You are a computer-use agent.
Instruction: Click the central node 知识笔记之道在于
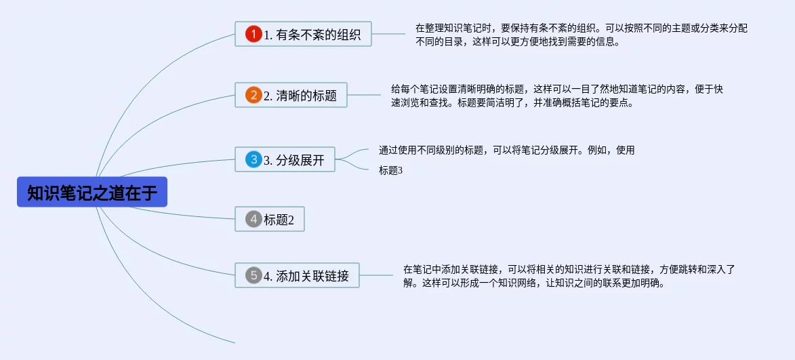[x=91, y=193]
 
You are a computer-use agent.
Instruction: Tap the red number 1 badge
[x=253, y=34]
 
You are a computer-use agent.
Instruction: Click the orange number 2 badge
[x=253, y=95]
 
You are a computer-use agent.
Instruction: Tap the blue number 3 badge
[x=253, y=160]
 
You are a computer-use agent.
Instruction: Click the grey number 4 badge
[x=253, y=219]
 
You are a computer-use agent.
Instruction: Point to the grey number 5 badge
[x=253, y=275]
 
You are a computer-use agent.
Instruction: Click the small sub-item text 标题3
[x=390, y=171]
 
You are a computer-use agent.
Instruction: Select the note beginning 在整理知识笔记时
[x=581, y=35]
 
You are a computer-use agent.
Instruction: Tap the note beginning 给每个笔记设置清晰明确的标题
[x=556, y=96]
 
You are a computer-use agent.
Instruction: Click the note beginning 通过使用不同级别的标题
[x=506, y=151]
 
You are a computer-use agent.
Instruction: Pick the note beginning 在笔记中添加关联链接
[x=569, y=276]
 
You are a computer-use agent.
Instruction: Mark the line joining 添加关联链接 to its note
[x=376, y=275]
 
